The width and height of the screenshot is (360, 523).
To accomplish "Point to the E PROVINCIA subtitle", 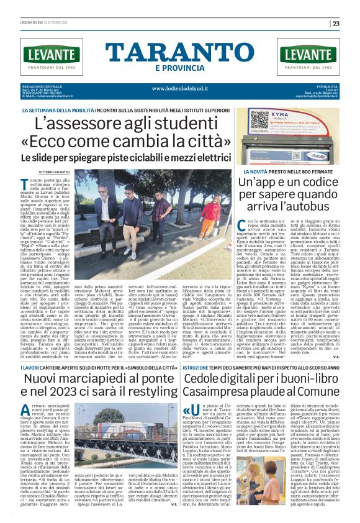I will click(179, 68).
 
